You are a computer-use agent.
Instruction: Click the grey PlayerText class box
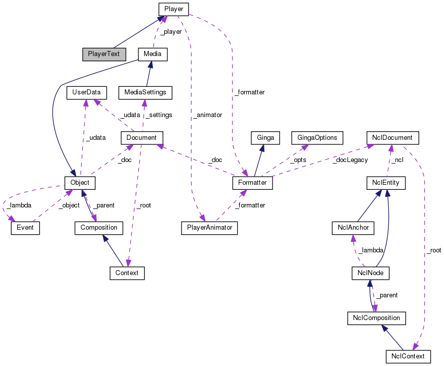click(x=104, y=54)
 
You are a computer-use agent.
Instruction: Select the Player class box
click(x=173, y=9)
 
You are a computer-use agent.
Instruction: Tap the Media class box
click(x=152, y=54)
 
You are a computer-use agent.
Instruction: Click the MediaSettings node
click(x=145, y=92)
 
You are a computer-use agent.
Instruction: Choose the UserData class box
click(x=86, y=92)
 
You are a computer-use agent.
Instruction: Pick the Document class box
click(x=142, y=137)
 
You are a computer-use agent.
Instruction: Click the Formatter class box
click(x=252, y=182)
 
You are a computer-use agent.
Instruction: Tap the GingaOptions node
click(x=317, y=137)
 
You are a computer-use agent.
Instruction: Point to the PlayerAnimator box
click(x=209, y=228)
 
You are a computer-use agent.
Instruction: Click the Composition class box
click(x=99, y=228)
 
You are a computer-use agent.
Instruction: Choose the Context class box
click(x=127, y=273)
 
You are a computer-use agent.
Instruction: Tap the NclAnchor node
click(x=350, y=228)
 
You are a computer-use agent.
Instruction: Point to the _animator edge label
click(x=207, y=115)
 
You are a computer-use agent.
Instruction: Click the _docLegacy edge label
click(x=350, y=160)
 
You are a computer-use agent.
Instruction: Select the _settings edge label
click(x=158, y=115)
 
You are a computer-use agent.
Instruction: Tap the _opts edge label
click(x=298, y=160)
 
